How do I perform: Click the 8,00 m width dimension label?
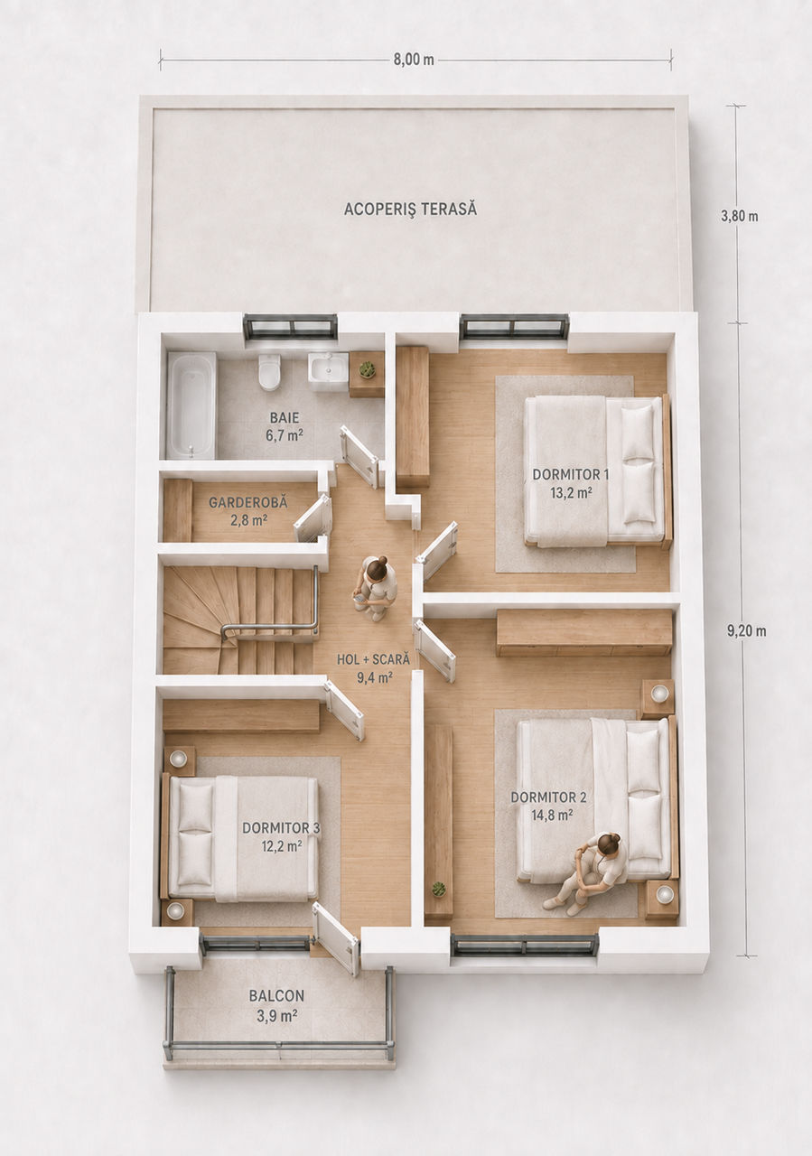coord(414,60)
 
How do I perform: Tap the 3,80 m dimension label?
coord(739,216)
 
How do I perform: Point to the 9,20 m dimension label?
coord(746,630)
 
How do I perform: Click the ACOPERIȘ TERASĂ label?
coord(410,210)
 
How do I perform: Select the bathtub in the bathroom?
coord(191,406)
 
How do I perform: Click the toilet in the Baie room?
coord(269,371)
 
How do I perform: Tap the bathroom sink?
coord(328,369)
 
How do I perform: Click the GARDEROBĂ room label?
coord(248,501)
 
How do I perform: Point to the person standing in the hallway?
coord(376,588)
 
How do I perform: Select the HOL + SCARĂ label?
coord(373,659)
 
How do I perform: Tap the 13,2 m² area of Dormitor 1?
coord(571,492)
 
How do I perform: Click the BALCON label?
coord(276,995)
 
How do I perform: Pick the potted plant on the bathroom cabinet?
coord(367,369)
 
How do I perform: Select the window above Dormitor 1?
coord(514,326)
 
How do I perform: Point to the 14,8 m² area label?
coord(552,815)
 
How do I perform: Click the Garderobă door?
coord(313,518)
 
